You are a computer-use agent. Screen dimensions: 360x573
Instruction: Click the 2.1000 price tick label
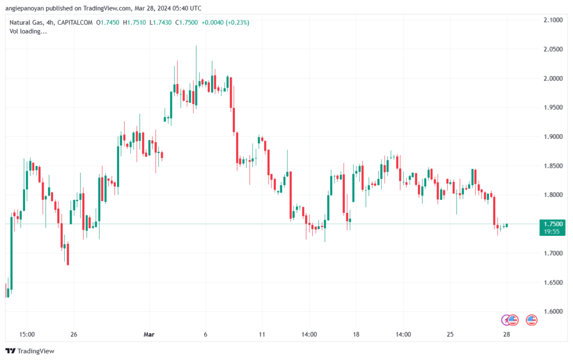tap(553, 20)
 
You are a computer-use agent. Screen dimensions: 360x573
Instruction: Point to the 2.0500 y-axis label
tap(553, 49)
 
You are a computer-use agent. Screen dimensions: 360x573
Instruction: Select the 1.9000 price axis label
tap(553, 137)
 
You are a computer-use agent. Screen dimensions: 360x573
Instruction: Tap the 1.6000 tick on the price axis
tap(553, 311)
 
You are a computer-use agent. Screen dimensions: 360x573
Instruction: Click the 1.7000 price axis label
tap(553, 253)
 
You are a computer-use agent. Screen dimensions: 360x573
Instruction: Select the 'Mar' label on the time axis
tap(149, 334)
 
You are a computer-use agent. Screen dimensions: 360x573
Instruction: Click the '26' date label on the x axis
tap(73, 334)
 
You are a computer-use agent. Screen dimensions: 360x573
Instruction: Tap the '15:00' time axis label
tap(27, 334)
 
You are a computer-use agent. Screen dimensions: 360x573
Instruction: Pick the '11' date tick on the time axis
tap(261, 334)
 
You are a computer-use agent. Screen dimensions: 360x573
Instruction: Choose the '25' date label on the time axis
tap(449, 334)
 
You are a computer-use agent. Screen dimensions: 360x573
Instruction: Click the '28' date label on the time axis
tap(506, 334)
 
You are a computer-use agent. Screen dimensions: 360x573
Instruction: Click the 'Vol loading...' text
tap(28, 31)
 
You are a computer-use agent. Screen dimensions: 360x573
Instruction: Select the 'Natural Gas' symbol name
tap(27, 22)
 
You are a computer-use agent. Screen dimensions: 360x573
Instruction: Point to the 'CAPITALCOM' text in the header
tap(73, 22)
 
